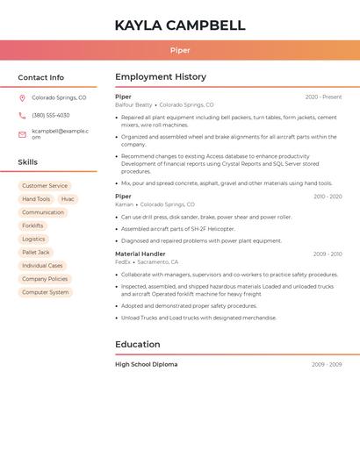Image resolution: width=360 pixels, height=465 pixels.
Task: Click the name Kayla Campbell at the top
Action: (179, 25)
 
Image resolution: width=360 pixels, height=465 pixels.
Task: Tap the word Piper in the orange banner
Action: (179, 51)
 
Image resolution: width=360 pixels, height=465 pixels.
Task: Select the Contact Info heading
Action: (40, 77)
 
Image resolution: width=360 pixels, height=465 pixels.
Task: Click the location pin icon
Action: (22, 97)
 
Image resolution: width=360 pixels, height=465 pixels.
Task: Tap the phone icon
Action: (22, 115)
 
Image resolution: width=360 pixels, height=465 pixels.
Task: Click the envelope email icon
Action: (22, 133)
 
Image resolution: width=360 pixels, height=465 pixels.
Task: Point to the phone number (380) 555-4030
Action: (51, 115)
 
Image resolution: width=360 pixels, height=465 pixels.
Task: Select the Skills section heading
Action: (27, 162)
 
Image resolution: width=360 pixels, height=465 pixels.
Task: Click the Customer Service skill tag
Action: (45, 186)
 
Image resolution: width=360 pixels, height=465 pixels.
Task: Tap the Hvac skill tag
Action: (68, 199)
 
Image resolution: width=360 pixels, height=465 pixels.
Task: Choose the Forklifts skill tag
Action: (32, 225)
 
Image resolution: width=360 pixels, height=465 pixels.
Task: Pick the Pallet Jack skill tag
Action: (36, 252)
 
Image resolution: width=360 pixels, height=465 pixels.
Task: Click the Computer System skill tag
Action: (45, 292)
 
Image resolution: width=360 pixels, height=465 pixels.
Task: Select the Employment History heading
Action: (161, 77)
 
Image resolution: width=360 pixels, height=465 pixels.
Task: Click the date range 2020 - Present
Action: (323, 97)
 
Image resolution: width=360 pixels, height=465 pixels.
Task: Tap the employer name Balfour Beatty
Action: (133, 104)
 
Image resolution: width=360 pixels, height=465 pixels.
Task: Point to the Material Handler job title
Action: (140, 254)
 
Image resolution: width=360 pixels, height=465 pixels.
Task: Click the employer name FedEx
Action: (122, 261)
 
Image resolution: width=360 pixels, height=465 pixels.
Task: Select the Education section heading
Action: (137, 345)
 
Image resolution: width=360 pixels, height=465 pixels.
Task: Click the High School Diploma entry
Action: (146, 364)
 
